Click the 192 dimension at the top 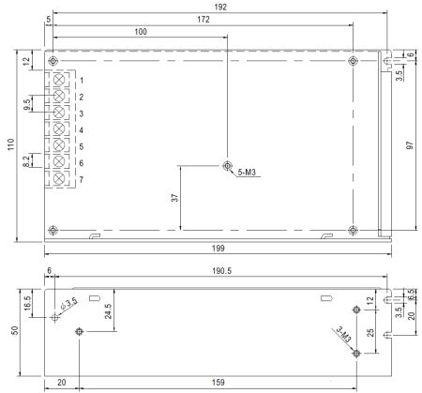click(220, 7)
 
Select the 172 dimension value click(203, 20)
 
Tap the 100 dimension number click(141, 32)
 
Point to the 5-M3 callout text click(247, 172)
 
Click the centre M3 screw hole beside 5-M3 click(227, 165)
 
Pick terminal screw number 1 click(59, 80)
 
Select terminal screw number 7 click(59, 179)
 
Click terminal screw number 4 click(59, 129)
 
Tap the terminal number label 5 click(82, 146)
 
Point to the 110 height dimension click(11, 144)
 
